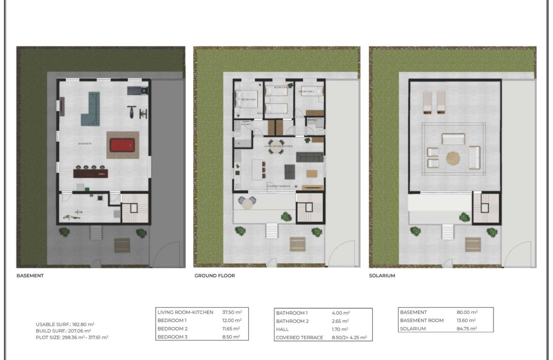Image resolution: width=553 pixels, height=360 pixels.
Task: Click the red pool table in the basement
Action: [123, 145]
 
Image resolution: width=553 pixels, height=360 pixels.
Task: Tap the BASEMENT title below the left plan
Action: [30, 276]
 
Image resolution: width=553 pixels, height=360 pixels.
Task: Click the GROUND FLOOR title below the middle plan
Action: [215, 276]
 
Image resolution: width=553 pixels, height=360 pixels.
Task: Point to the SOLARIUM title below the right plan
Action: [382, 276]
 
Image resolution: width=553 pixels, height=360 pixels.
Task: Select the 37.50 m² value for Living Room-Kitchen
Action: [231, 312]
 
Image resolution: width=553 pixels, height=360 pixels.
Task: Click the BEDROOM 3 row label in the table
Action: [172, 337]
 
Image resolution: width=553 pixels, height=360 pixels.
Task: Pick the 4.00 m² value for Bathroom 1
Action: [341, 313]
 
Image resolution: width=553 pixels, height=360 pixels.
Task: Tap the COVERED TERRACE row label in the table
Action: [300, 338]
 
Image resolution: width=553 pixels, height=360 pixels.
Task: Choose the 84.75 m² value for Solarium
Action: [467, 329]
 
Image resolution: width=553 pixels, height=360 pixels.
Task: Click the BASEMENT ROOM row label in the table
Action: [422, 321]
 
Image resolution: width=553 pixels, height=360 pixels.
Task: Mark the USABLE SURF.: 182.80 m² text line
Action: [65, 324]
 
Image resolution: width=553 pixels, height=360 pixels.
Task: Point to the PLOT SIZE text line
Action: [72, 337]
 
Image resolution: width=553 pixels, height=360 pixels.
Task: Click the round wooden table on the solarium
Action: [453, 159]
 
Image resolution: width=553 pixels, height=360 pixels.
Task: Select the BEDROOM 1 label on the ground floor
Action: [249, 99]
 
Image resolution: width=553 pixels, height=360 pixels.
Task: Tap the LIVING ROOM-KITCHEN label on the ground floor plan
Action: [279, 147]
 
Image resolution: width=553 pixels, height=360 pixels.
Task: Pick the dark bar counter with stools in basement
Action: [91, 174]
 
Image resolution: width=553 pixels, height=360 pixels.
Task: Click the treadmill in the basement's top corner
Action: [138, 90]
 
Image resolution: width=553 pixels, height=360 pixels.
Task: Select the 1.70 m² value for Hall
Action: [341, 329]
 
